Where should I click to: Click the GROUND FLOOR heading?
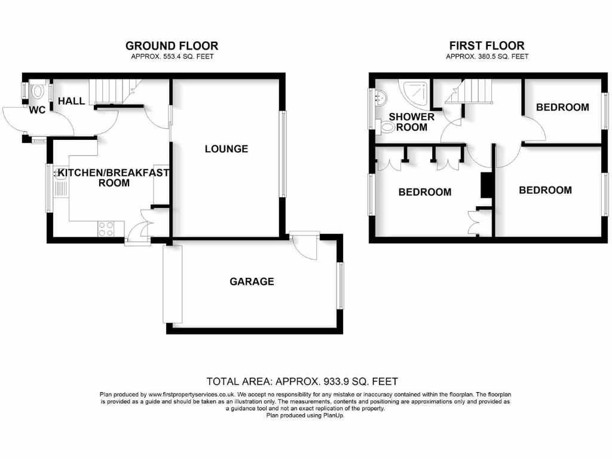[x=172, y=45]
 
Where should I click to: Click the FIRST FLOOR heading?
[x=487, y=45]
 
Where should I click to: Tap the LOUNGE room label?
[x=226, y=149]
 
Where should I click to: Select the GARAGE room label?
[x=252, y=281]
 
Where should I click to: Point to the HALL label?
[x=71, y=102]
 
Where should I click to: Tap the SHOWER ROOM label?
[x=412, y=122]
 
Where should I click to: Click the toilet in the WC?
[x=38, y=91]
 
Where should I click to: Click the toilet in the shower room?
[x=386, y=126]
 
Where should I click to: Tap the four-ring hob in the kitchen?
[x=106, y=228]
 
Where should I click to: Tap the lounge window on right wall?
[x=283, y=154]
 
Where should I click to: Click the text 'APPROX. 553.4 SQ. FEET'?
[x=172, y=57]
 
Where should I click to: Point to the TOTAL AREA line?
[x=302, y=381]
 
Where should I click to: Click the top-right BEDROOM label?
[x=562, y=108]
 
